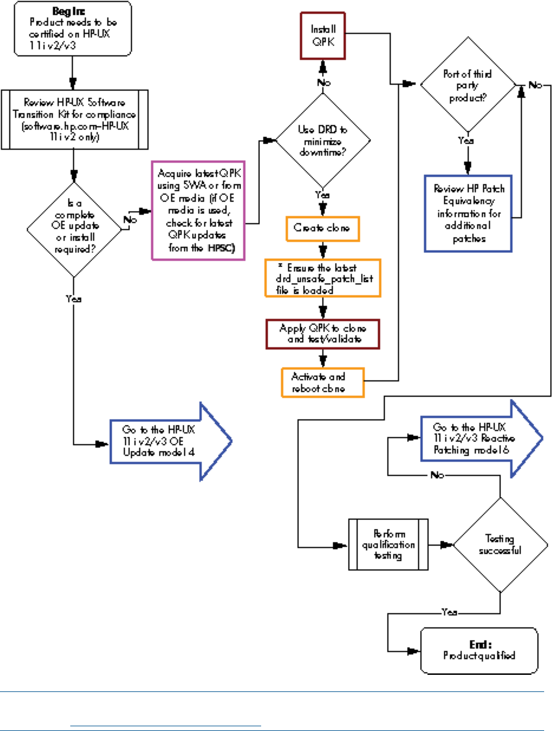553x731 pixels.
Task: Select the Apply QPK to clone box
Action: pos(323,333)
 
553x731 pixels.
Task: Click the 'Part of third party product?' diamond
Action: pos(468,85)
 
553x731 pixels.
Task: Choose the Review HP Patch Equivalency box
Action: pos(468,213)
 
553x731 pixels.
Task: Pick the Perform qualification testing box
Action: pos(388,544)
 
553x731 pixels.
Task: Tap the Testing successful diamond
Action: pos(500,544)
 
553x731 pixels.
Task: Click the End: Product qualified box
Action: pos(479,650)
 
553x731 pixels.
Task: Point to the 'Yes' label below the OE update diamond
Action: pos(74,298)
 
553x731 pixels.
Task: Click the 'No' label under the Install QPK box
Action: pos(323,82)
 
